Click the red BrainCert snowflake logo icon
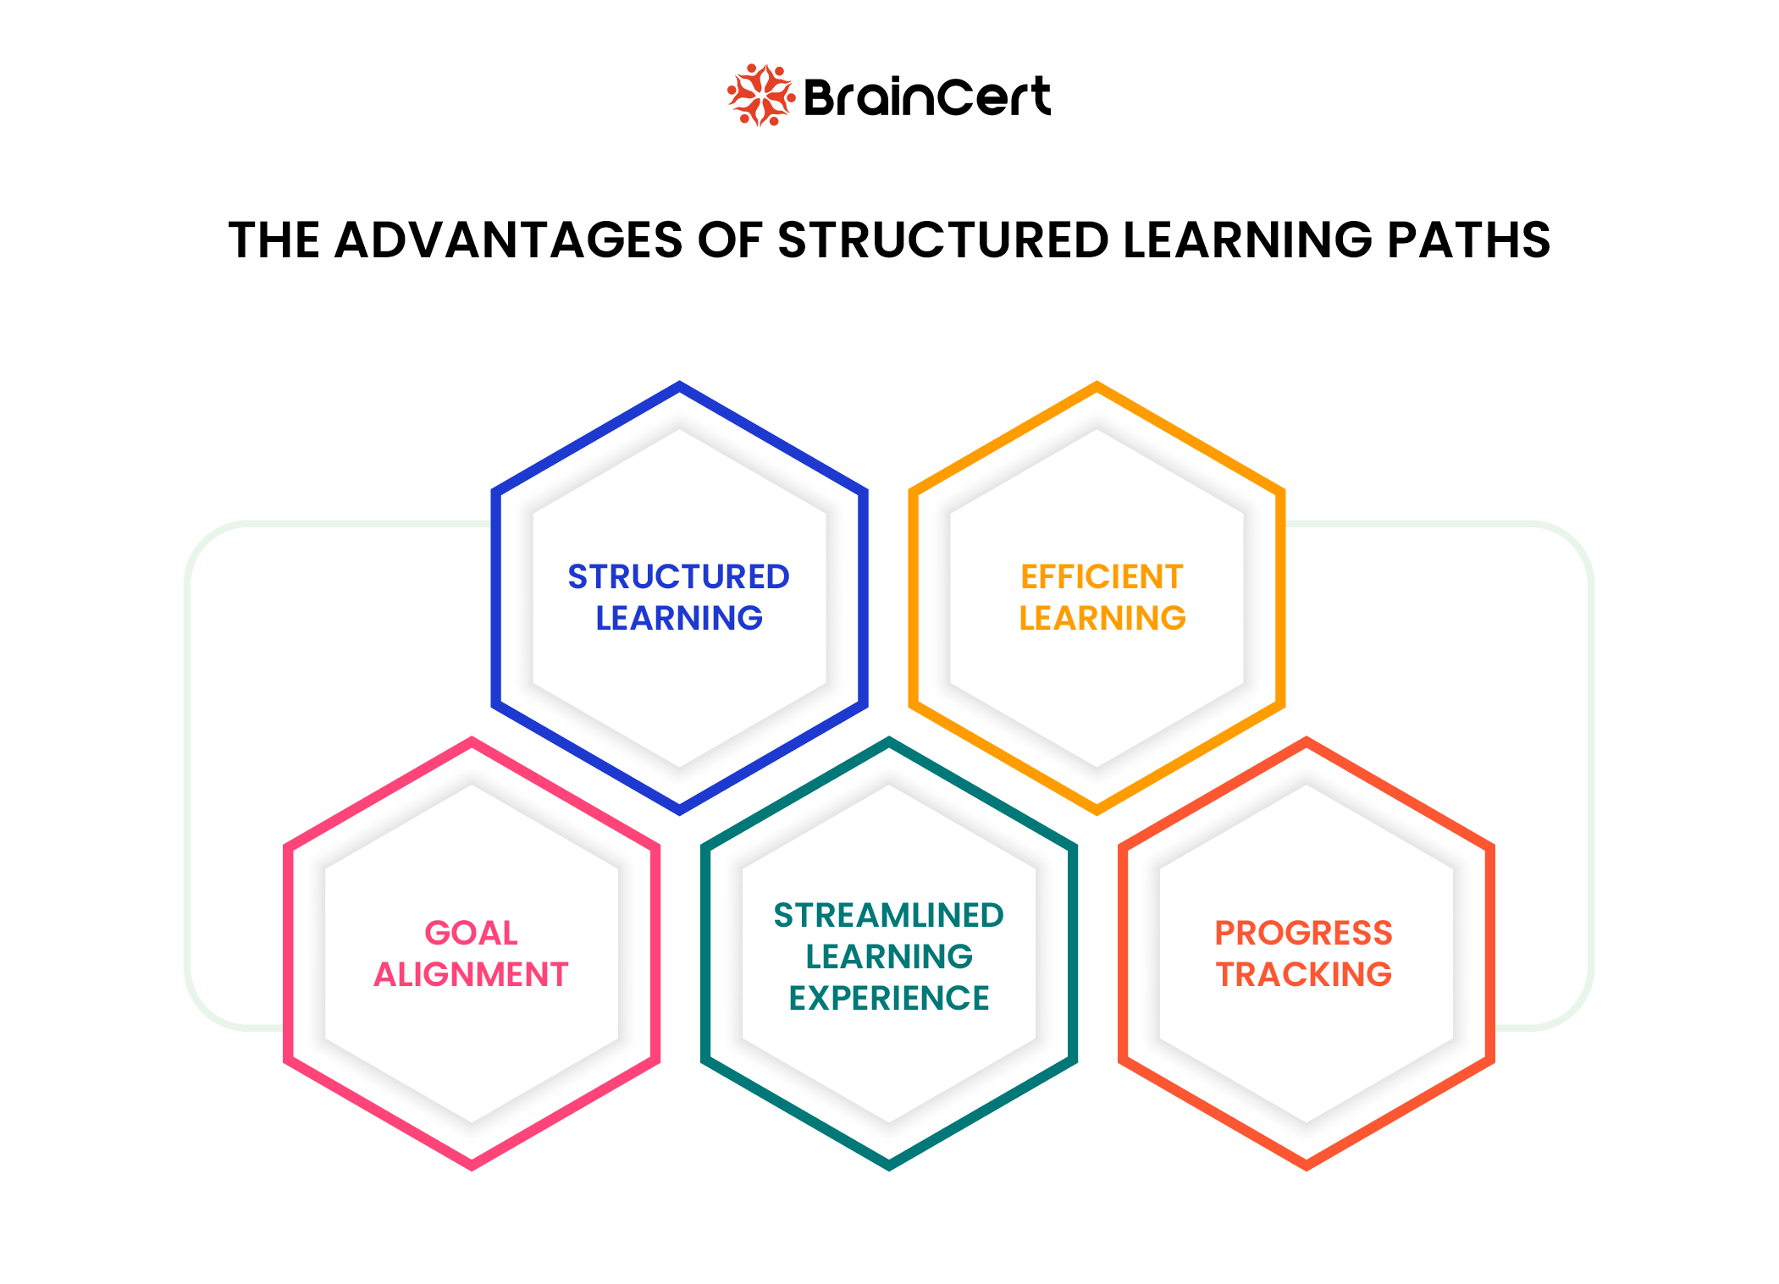pyautogui.click(x=760, y=96)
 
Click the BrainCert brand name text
pyautogui.click(x=926, y=97)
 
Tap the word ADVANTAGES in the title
pyautogui.click(x=508, y=240)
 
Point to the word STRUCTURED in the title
pyautogui.click(x=942, y=240)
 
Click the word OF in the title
pyautogui.click(x=729, y=240)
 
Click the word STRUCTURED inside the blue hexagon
pyautogui.click(x=678, y=577)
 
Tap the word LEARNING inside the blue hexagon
pyautogui.click(x=678, y=619)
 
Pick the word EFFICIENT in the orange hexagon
pyautogui.click(x=1101, y=577)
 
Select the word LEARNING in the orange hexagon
pyautogui.click(x=1102, y=619)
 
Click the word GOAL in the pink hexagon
pyautogui.click(x=471, y=934)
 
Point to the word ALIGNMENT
pyautogui.click(x=471, y=975)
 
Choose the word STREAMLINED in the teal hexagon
pyautogui.click(x=888, y=916)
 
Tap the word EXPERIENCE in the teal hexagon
pyautogui.click(x=888, y=999)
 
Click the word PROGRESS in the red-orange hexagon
pyautogui.click(x=1303, y=934)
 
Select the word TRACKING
pyautogui.click(x=1304, y=975)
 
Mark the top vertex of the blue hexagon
pyautogui.click(x=679, y=386)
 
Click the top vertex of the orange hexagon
pyautogui.click(x=1097, y=386)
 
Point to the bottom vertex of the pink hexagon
pyautogui.click(x=472, y=1166)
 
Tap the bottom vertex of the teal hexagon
pyautogui.click(x=888, y=1166)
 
